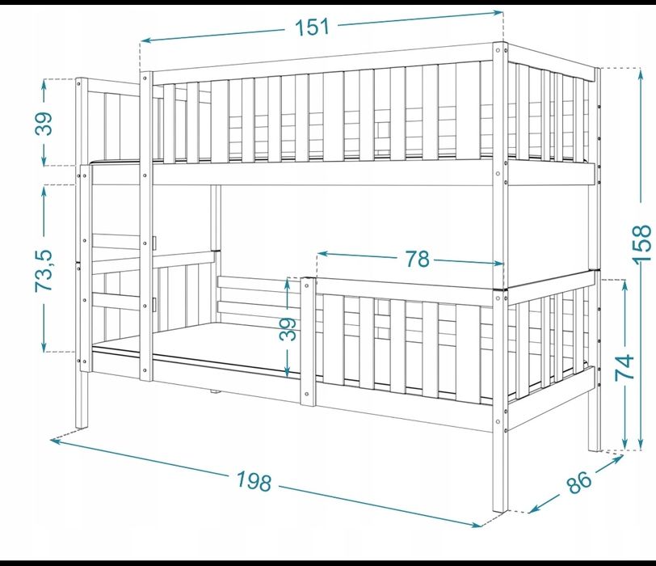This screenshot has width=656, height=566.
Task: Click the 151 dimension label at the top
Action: pyautogui.click(x=313, y=27)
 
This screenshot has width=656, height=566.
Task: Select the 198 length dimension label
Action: pyautogui.click(x=254, y=480)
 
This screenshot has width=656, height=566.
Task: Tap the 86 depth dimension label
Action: pyautogui.click(x=579, y=482)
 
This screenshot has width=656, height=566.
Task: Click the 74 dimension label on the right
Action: pyautogui.click(x=624, y=368)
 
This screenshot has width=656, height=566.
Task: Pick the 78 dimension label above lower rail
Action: pyautogui.click(x=417, y=259)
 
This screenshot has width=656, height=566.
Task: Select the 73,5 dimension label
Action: pyautogui.click(x=44, y=271)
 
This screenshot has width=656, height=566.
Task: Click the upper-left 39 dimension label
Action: pyautogui.click(x=44, y=124)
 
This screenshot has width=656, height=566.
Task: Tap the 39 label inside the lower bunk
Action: pyautogui.click(x=288, y=329)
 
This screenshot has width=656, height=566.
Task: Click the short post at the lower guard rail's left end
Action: pyautogui.click(x=308, y=341)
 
